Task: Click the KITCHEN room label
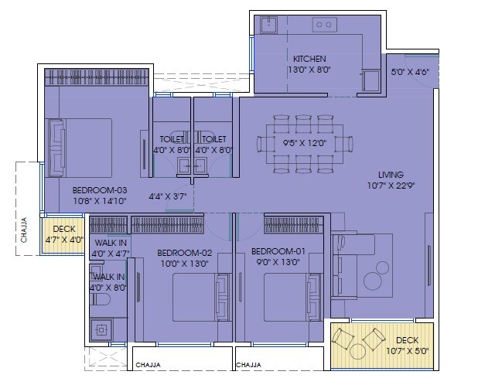point(309,59)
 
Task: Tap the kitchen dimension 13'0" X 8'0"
point(309,70)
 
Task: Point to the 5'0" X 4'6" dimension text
point(410,73)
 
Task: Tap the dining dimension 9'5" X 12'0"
point(305,142)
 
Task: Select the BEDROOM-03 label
point(100,189)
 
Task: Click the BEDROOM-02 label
point(184,251)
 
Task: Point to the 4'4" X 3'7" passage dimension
point(168,196)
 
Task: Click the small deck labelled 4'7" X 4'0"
point(63,234)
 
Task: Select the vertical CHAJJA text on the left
point(25,230)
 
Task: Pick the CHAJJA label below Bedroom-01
point(249,365)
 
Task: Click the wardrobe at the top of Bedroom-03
point(96,77)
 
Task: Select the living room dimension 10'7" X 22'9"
point(391,185)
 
